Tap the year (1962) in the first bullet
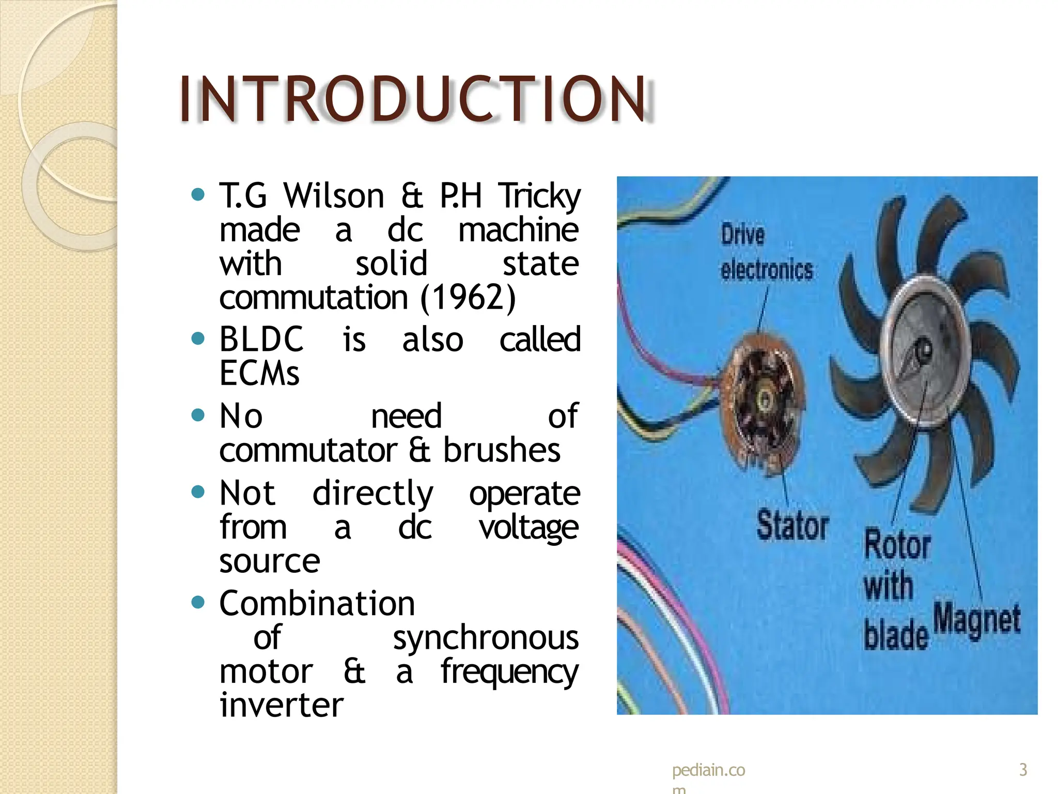(x=468, y=298)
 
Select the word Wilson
(x=334, y=196)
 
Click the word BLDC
(x=261, y=340)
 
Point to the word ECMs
(x=259, y=373)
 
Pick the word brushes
(x=502, y=450)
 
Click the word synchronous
(x=486, y=637)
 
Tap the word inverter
(x=282, y=705)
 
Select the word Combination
(x=317, y=603)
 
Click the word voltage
(x=528, y=528)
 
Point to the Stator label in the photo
(x=792, y=525)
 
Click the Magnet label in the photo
(x=977, y=620)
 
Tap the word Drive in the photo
(x=742, y=235)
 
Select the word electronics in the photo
(x=767, y=270)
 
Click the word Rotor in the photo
(x=897, y=545)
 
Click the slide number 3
(x=1023, y=770)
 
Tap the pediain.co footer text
(x=708, y=770)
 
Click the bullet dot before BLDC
(x=198, y=339)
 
